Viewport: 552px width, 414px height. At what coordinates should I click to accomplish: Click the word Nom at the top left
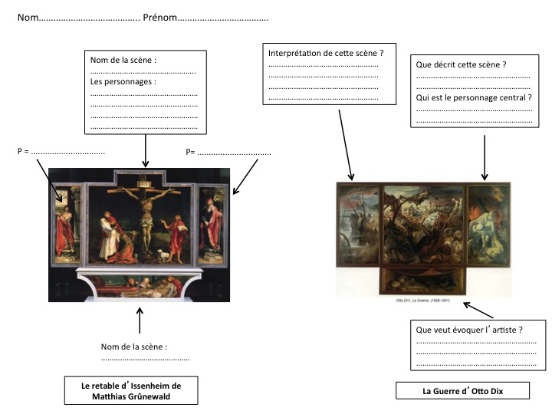pyautogui.click(x=27, y=18)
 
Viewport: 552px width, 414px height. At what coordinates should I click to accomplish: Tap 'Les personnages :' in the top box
pyautogui.click(x=123, y=81)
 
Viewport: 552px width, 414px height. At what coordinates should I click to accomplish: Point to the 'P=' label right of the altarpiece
pyautogui.click(x=192, y=152)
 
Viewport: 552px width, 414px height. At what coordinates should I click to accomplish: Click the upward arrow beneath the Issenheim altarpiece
pyautogui.click(x=140, y=320)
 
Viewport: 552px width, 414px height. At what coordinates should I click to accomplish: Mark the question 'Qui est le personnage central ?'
pyautogui.click(x=473, y=98)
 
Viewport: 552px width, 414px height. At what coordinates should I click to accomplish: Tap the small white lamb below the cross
pyautogui.click(x=163, y=254)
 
